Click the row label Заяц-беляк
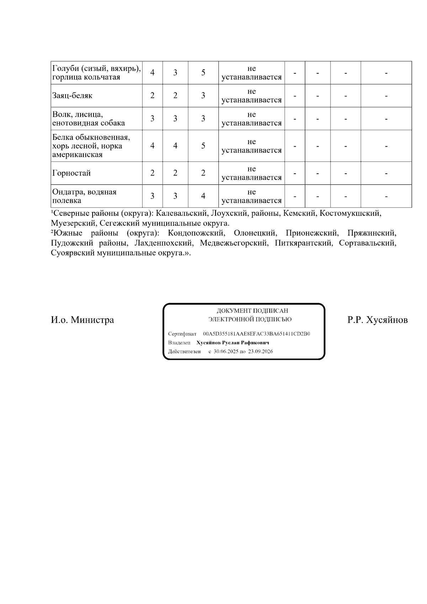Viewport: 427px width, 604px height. pyautogui.click(x=72, y=96)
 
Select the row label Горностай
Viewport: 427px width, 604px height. pyautogui.click(x=72, y=173)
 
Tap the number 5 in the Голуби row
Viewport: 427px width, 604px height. pyautogui.click(x=203, y=73)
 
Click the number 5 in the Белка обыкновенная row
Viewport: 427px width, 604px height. pyautogui.click(x=203, y=146)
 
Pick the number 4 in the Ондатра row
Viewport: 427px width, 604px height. pyautogui.click(x=203, y=196)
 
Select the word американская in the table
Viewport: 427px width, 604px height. pyautogui.click(x=78, y=155)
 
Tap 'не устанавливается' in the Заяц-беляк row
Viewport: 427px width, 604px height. pyautogui.click(x=252, y=96)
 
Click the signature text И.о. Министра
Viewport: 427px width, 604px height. pyautogui.click(x=82, y=320)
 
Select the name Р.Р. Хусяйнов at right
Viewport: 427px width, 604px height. pyautogui.click(x=378, y=320)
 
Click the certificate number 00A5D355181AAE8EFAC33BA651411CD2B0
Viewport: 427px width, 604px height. pyautogui.click(x=257, y=334)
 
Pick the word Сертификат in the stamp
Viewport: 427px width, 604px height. pyautogui.click(x=182, y=334)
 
